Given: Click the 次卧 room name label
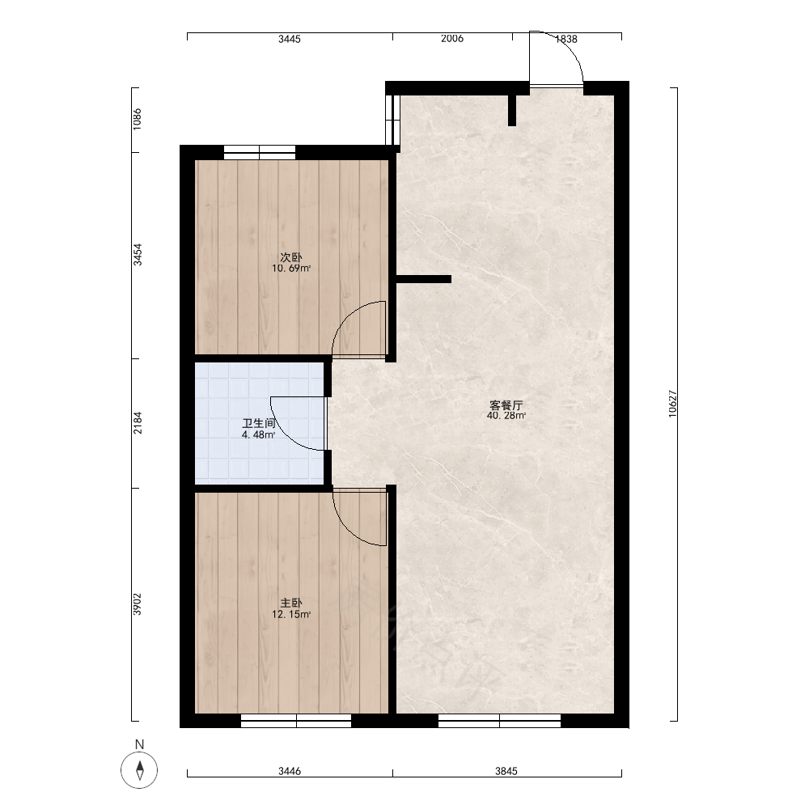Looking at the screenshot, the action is [291, 257].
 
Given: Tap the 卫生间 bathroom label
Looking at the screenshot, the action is [259, 424].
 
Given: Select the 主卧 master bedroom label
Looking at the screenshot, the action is [291, 603].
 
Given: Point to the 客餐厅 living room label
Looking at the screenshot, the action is [506, 405].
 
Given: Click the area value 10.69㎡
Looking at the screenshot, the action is [291, 269].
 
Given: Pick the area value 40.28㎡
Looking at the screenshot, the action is [506, 416].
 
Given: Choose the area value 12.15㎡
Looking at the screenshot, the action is [291, 614].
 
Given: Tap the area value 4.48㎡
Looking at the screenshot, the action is [259, 435].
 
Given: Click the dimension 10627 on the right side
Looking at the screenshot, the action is [672, 404].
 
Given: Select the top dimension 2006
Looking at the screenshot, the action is [452, 39].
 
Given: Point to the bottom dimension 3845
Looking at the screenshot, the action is [506, 771].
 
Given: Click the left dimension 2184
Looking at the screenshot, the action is [138, 422].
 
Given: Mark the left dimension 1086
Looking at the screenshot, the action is [138, 119].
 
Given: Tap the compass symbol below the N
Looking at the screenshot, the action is [139, 771].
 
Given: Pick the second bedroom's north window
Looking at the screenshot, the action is [260, 152].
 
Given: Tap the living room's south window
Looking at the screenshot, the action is [499, 721].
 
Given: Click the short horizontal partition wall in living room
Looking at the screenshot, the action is [424, 279].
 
